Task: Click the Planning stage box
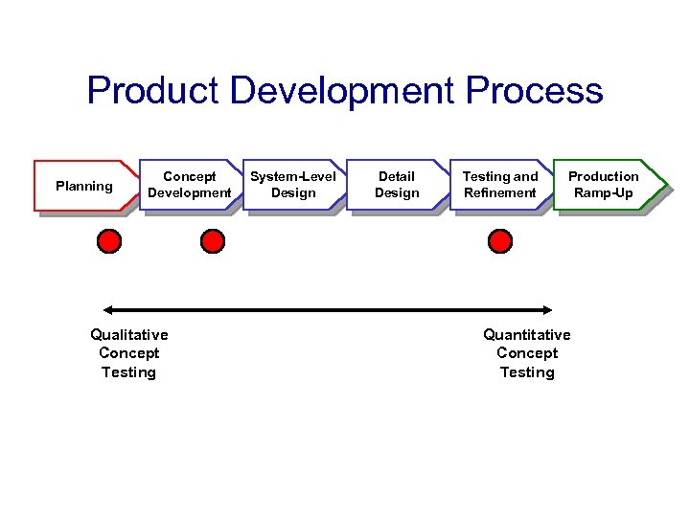tap(83, 186)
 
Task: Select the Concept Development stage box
tap(189, 185)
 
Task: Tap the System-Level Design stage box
tap(293, 185)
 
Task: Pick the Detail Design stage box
tap(397, 185)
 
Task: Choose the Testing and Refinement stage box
tap(500, 185)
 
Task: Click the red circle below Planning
tap(110, 241)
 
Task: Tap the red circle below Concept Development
tap(213, 241)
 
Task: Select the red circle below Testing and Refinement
tap(500, 241)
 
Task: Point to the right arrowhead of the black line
tap(549, 309)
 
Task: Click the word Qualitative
tap(128, 334)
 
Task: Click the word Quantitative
tap(526, 334)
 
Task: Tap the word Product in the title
tap(154, 91)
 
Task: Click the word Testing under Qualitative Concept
tap(128, 371)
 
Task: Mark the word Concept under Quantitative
tap(527, 352)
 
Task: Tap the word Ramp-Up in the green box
tap(604, 193)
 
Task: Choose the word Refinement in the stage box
tap(500, 193)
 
